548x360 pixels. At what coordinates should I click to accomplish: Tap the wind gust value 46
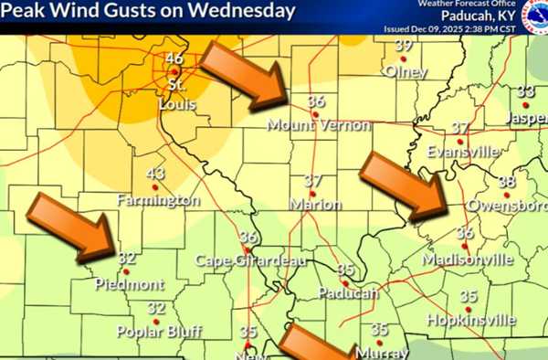coord(174,59)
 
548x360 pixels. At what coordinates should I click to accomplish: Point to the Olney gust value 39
coord(404,46)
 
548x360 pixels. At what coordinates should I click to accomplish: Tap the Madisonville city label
coord(468,259)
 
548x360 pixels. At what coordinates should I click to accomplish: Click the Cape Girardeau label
coord(236,260)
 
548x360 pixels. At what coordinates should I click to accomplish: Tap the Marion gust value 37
coord(313,181)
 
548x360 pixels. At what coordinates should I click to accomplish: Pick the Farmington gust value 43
coord(155,175)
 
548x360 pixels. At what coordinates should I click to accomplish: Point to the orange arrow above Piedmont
coord(72,225)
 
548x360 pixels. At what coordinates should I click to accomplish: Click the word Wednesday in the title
coord(245,11)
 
